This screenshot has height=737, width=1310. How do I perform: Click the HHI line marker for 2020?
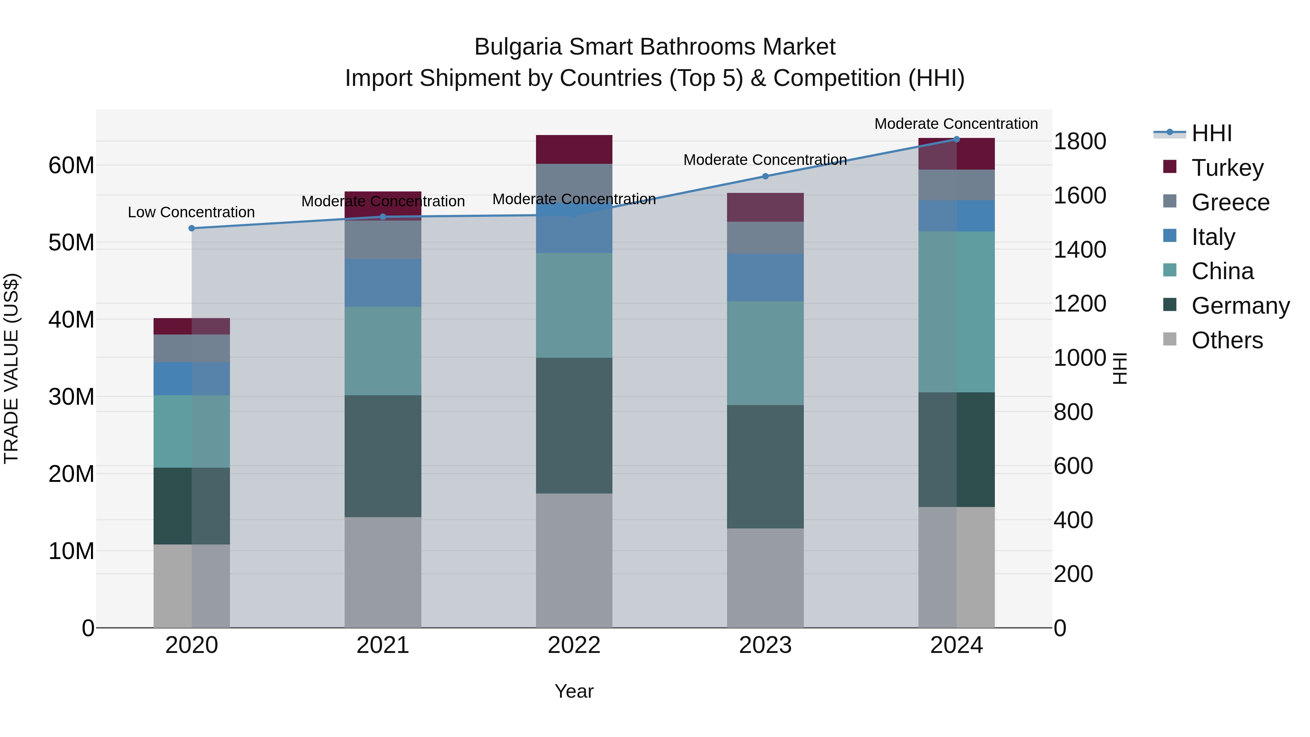click(x=192, y=228)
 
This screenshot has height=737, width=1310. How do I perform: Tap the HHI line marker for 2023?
click(x=765, y=176)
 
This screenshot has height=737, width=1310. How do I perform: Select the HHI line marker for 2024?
click(x=957, y=139)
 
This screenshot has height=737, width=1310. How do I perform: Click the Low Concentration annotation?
click(x=191, y=212)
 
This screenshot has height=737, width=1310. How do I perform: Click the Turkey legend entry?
click(x=1227, y=167)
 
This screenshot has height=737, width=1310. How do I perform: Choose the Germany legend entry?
click(x=1240, y=306)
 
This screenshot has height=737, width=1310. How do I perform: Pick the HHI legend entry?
click(x=1211, y=133)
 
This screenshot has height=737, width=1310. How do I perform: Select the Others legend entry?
click(x=1227, y=340)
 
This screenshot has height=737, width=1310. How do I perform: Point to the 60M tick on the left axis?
click(x=71, y=165)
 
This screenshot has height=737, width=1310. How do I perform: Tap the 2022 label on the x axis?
click(x=574, y=645)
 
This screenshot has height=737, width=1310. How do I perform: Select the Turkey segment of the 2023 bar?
click(x=765, y=207)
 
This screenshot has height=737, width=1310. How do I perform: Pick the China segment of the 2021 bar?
click(x=383, y=351)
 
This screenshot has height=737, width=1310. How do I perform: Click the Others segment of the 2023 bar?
click(x=765, y=578)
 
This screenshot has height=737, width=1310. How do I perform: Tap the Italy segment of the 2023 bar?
click(x=765, y=277)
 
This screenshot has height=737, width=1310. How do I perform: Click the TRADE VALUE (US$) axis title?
click(x=11, y=368)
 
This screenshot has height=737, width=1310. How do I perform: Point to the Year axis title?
click(x=574, y=691)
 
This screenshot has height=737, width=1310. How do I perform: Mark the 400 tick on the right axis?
click(x=1073, y=520)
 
